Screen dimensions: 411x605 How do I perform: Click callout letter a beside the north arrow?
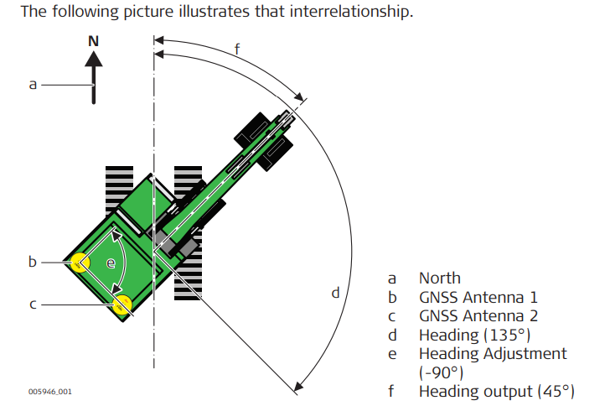[33, 84]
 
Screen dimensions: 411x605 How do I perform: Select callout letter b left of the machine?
[33, 262]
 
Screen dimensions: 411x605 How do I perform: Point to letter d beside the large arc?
[336, 293]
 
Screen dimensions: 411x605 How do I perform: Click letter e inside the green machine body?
[111, 263]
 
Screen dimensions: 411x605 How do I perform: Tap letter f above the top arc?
[237, 48]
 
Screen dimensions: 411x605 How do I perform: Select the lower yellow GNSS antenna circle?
[122, 304]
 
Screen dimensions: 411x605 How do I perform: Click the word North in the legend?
[440, 278]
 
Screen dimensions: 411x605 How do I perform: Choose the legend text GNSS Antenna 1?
[478, 297]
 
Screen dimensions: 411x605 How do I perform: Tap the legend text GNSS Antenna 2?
[478, 316]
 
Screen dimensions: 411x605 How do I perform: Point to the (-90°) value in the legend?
[441, 372]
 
